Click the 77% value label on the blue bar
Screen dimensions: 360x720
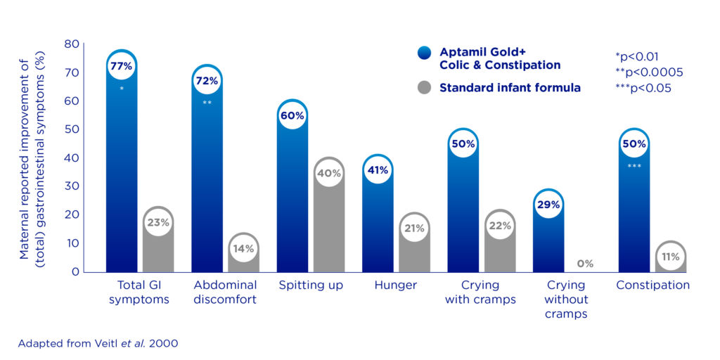click(121, 67)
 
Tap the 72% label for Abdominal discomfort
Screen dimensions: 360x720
click(207, 81)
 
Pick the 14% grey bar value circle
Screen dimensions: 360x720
click(244, 248)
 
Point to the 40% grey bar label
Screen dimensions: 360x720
click(329, 173)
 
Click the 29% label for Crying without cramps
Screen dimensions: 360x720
click(548, 205)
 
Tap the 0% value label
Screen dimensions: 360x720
click(585, 264)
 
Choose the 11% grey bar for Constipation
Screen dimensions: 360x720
click(670, 257)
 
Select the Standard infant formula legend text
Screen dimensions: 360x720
click(510, 88)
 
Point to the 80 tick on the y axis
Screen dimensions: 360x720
click(72, 44)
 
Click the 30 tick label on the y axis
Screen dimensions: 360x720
click(72, 186)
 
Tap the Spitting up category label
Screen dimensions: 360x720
click(310, 285)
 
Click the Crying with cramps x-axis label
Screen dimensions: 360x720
click(481, 292)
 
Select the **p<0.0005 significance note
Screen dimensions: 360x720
click(648, 72)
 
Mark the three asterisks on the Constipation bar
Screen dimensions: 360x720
click(634, 167)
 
